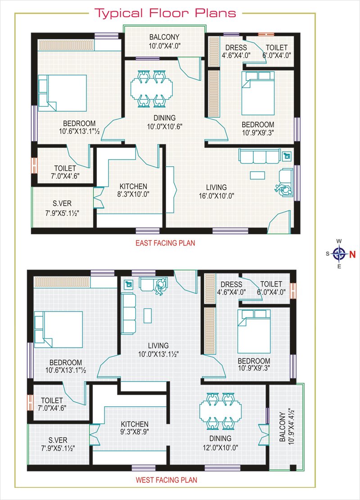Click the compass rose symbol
point(339,254)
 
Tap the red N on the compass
point(352,254)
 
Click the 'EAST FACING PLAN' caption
point(165,243)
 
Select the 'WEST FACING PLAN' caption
point(166,480)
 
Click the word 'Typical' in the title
point(119,14)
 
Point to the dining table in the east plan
point(152,89)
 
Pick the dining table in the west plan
point(220,411)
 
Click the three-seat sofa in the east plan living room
point(260,156)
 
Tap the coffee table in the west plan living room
point(148,316)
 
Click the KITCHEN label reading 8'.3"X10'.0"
point(134,190)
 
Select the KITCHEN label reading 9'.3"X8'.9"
point(135,428)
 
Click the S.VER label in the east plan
point(62,203)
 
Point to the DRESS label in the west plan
point(231,284)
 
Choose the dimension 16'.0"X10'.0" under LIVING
point(216,196)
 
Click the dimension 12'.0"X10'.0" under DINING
point(220,447)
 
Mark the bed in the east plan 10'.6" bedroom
point(63,93)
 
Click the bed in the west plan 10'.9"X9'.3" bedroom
point(254,332)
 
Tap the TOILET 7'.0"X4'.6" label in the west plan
point(52,404)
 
